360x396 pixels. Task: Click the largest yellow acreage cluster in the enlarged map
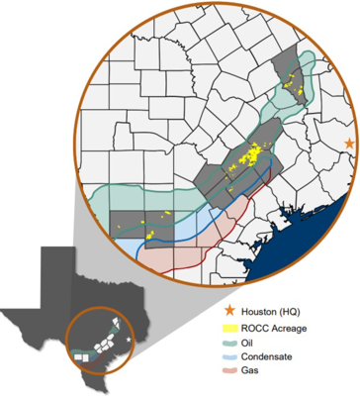256,154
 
